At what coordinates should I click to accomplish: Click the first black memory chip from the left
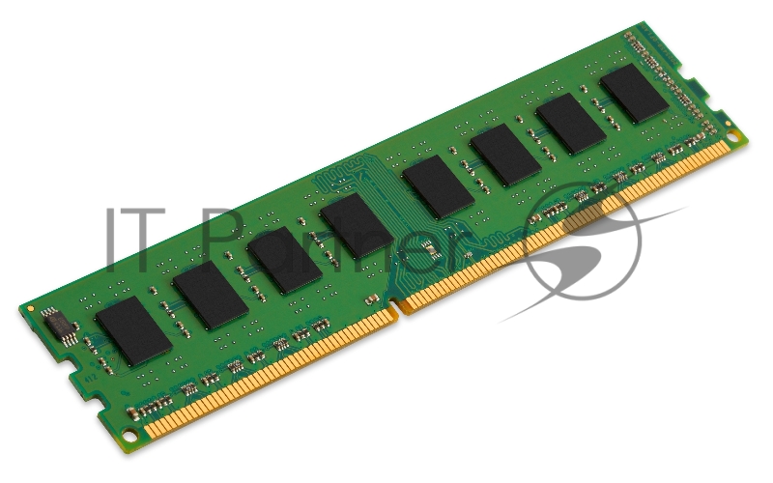133,330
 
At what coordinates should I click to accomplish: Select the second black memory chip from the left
211,295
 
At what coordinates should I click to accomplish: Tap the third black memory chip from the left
283,260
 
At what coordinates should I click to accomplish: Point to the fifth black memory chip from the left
438,186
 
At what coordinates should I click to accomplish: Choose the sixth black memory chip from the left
505,155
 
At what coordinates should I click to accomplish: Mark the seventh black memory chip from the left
571,124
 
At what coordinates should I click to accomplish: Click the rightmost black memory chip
634,94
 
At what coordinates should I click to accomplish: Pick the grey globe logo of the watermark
580,241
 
